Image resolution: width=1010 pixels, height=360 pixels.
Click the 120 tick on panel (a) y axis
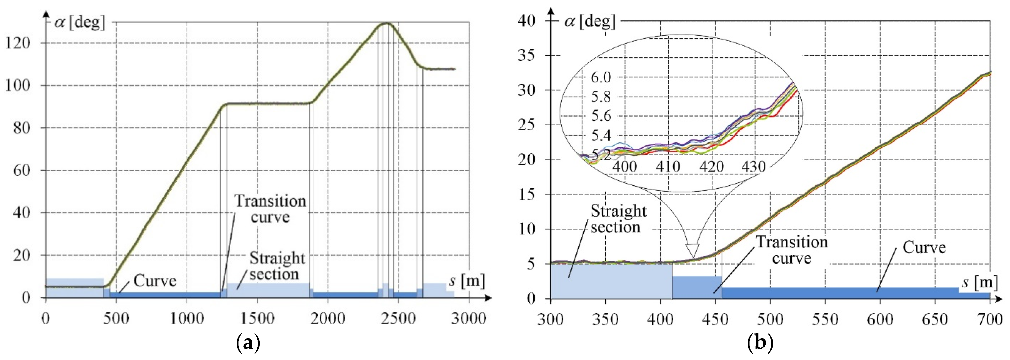18,43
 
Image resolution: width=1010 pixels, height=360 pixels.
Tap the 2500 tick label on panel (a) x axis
398,318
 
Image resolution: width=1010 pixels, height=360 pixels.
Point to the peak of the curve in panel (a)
387,23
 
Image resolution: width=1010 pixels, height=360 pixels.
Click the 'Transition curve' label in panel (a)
270,209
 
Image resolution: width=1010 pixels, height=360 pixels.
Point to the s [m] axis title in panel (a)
466,281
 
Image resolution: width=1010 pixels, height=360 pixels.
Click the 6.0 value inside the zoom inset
601,77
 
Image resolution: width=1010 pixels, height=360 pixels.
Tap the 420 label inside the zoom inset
711,167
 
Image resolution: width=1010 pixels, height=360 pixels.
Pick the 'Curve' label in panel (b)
924,248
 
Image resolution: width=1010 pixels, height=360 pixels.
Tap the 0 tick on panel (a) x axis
46,318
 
